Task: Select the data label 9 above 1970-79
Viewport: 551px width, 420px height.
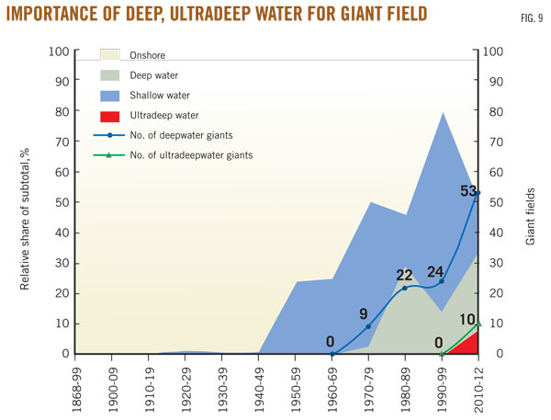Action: tap(364, 312)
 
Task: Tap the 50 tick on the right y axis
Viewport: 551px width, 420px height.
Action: tap(493, 202)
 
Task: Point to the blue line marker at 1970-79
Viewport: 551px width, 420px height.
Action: tap(368, 326)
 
